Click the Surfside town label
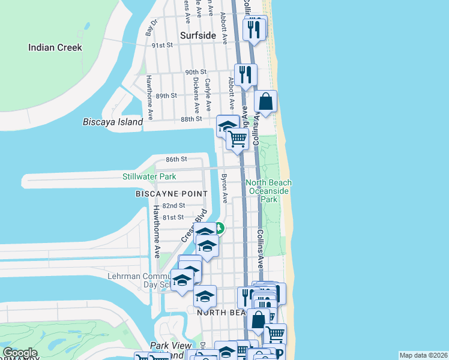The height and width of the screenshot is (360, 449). (197, 35)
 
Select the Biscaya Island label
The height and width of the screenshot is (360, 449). (112, 122)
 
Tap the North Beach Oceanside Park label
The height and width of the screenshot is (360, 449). (268, 190)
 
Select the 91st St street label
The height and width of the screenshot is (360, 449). (162, 45)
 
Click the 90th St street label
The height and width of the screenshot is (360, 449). (195, 72)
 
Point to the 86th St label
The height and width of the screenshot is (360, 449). (176, 159)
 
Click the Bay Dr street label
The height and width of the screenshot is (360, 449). (151, 28)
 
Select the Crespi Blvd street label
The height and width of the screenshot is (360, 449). (194, 226)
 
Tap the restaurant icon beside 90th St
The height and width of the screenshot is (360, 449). (246, 74)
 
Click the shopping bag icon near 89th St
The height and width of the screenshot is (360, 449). (266, 101)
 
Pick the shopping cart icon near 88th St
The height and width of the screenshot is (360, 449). (238, 139)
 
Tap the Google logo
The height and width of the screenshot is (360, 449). (20, 353)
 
